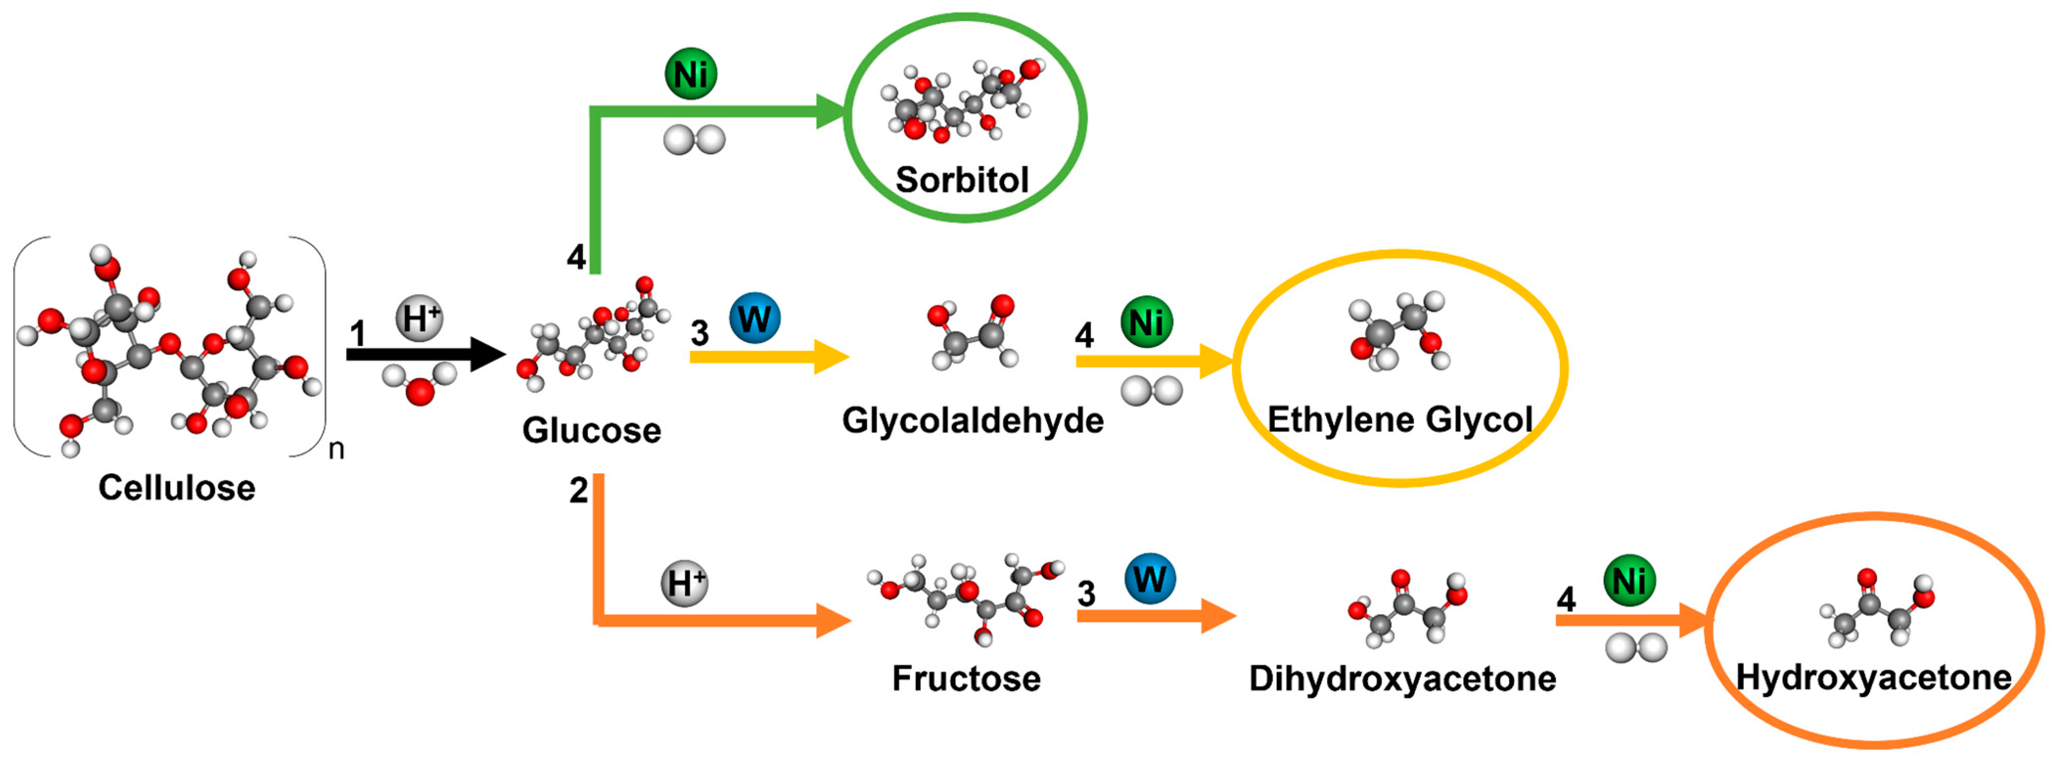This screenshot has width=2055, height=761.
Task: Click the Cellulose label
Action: click(176, 488)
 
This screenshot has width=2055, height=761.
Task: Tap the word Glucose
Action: click(591, 430)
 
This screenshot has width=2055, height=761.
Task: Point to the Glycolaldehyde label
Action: click(973, 421)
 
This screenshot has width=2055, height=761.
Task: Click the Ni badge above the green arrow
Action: click(691, 74)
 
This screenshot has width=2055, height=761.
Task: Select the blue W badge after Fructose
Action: click(1151, 578)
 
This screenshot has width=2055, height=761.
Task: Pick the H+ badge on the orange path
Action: click(684, 583)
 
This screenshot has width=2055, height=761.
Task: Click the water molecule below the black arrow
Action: click(419, 383)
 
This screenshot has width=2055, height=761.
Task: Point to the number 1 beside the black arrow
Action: click(357, 334)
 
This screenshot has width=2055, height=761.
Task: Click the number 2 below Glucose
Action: click(578, 490)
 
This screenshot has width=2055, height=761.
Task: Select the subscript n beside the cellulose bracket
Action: click(336, 449)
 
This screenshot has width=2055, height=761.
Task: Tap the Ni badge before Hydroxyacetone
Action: click(1629, 580)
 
